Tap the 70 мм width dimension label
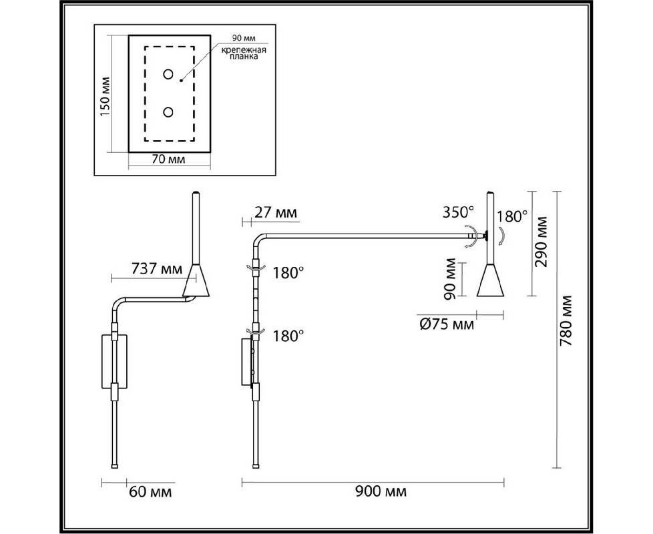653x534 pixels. click(x=169, y=159)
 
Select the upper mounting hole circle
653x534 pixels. click(x=168, y=74)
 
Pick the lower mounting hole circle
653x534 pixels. click(x=168, y=112)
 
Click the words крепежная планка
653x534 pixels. click(x=244, y=53)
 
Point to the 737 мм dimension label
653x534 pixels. click(x=157, y=269)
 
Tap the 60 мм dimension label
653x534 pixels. click(x=150, y=492)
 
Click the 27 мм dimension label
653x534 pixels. click(x=276, y=213)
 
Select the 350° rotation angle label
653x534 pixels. click(x=458, y=212)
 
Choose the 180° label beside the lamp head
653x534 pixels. click(x=511, y=217)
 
